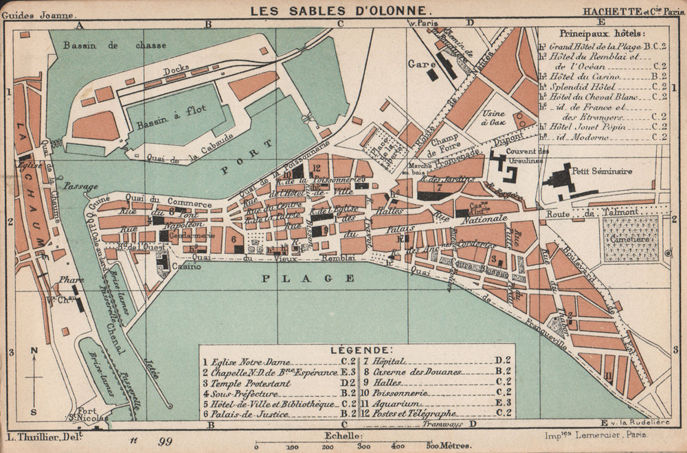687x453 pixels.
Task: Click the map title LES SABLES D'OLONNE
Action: pos(341,10)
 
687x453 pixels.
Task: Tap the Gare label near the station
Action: pos(419,62)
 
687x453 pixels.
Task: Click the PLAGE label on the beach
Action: pos(308,278)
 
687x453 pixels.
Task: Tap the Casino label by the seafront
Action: pos(187,266)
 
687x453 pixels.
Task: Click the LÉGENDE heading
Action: pos(357,349)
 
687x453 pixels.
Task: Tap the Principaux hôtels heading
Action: pos(602,33)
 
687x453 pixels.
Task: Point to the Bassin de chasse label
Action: pos(115,45)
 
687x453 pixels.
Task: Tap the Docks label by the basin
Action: pos(176,70)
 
